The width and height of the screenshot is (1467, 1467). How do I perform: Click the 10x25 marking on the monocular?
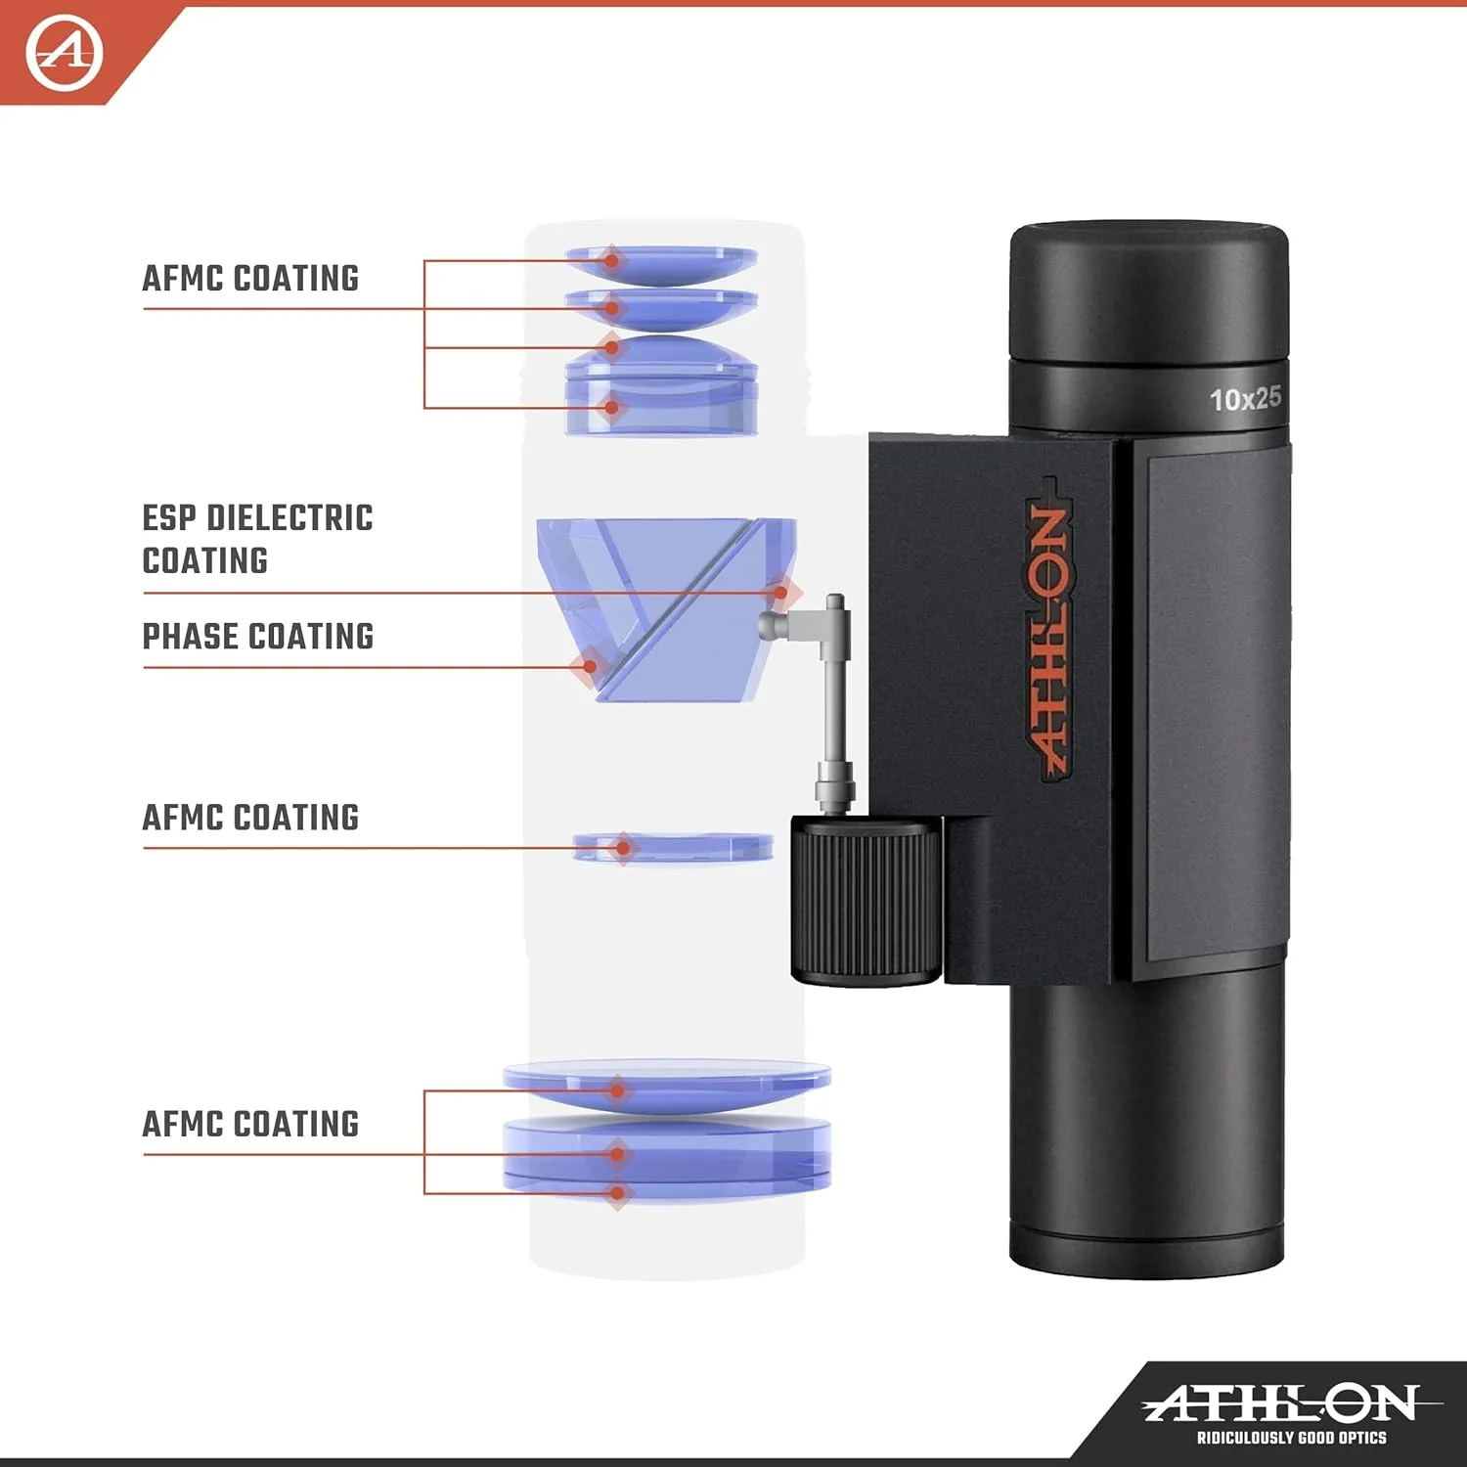tap(1245, 399)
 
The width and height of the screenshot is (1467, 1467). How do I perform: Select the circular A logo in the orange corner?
tap(64, 53)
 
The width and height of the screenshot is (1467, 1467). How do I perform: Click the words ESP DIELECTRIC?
tap(257, 518)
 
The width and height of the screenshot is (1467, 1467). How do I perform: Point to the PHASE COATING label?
tap(258, 637)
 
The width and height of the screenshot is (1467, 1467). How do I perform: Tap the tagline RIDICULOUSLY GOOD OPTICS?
tap(1291, 1438)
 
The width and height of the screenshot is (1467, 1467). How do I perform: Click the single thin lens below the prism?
tap(673, 847)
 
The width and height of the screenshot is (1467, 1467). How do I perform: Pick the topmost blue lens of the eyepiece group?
tap(661, 262)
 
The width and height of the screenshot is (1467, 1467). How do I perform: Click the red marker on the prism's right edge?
tap(780, 593)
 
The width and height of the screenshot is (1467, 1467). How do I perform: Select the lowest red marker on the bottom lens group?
tap(618, 1193)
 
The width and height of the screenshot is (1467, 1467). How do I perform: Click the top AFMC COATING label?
tap(250, 279)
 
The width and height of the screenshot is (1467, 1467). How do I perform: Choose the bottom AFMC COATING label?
tap(250, 1125)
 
